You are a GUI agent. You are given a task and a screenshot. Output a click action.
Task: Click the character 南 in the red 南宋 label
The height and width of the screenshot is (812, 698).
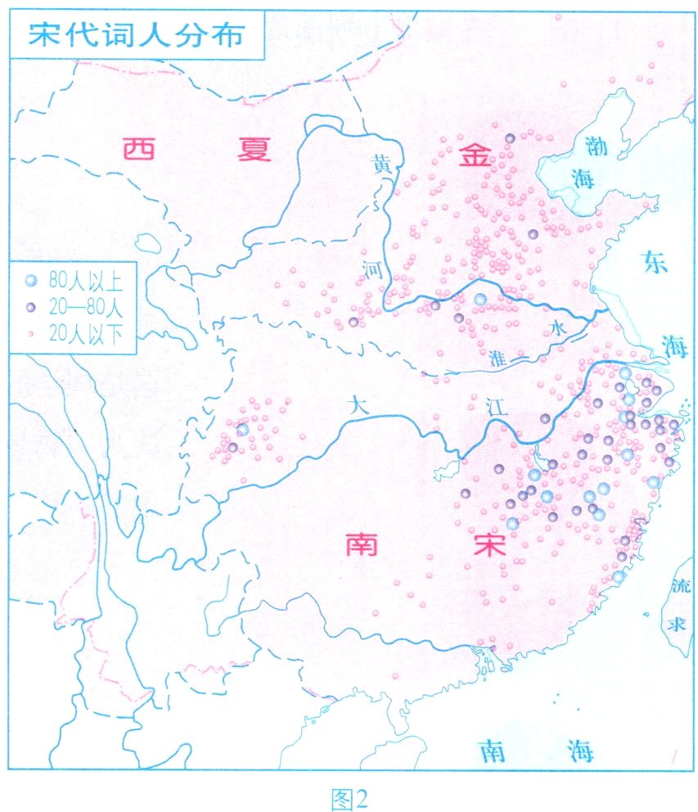click(361, 542)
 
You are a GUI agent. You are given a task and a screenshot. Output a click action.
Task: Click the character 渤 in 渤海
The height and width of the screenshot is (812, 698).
click(594, 146)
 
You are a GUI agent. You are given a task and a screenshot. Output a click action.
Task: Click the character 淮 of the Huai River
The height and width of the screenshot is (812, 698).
click(496, 357)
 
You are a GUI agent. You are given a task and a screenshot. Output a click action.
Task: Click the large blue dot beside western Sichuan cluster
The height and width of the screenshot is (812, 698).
click(242, 429)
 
